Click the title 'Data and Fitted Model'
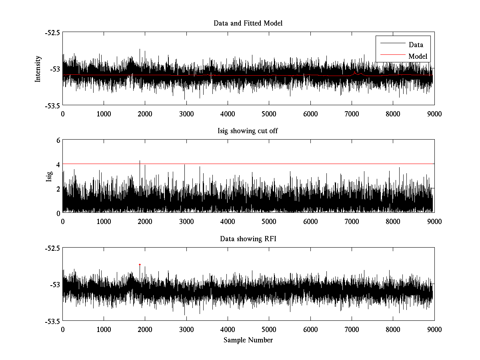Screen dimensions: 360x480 (248, 23)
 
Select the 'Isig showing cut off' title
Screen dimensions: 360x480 (248, 131)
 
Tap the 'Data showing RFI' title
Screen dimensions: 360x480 (248, 239)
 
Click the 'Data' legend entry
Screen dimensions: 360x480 (416, 45)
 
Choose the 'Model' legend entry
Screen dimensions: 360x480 (418, 56)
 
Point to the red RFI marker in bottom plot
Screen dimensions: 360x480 (140, 264)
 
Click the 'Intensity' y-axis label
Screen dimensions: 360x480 (38, 69)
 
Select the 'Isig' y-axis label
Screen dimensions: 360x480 (49, 176)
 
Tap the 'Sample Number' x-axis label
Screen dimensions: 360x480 (248, 340)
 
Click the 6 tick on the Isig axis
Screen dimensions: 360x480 (58, 140)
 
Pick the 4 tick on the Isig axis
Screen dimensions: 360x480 (58, 164)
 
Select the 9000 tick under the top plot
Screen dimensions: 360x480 (434, 114)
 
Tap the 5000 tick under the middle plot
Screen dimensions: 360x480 (269, 222)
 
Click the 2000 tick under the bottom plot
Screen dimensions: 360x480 (145, 330)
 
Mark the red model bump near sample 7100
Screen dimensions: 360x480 (355, 73)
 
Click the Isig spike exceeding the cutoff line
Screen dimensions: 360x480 (139, 161)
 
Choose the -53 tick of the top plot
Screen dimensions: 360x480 (55, 69)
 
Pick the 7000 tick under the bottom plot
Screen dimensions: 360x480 (352, 330)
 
